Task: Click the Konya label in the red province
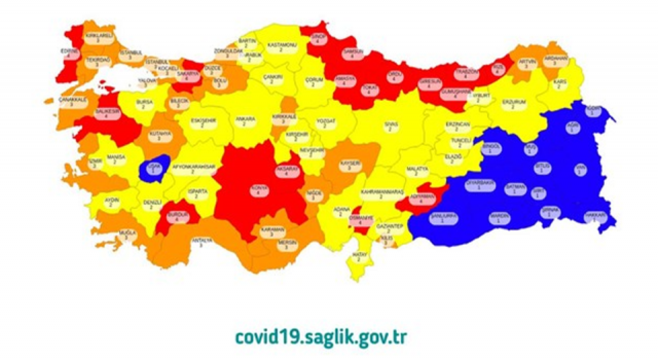(x=259, y=189)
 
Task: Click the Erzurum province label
(x=514, y=104)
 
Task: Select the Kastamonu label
(x=281, y=48)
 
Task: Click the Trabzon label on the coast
(x=466, y=74)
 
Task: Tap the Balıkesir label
(x=105, y=114)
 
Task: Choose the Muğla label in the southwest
(x=126, y=235)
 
